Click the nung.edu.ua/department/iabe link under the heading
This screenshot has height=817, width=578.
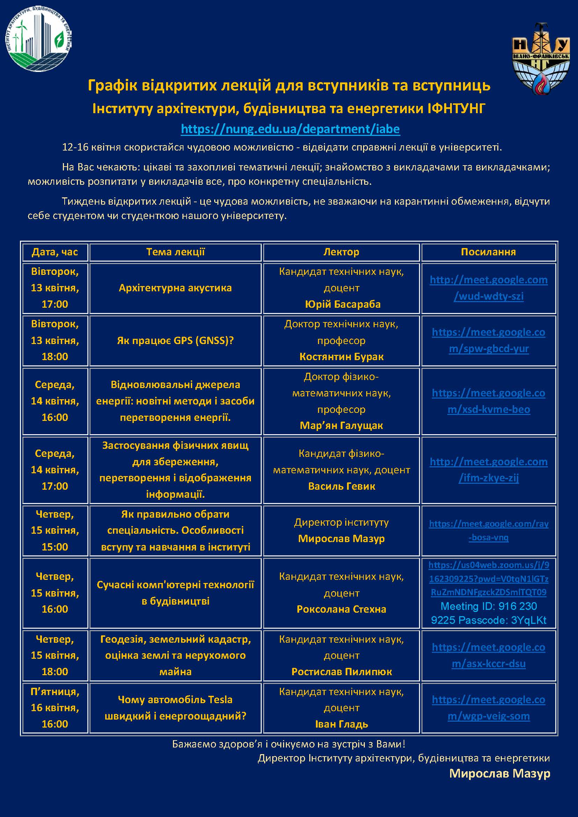[x=290, y=129]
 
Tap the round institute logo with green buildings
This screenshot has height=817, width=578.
[x=38, y=38]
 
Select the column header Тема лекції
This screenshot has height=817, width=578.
[x=175, y=252]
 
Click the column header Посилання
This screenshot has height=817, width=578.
[x=488, y=252]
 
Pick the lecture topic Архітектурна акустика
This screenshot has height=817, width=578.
[x=175, y=288]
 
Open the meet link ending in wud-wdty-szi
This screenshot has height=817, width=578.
[x=488, y=288]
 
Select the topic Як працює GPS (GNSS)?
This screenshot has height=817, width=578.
[x=175, y=341]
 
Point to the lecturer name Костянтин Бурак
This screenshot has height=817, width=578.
[x=341, y=357]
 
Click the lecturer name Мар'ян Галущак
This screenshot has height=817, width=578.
[x=341, y=425]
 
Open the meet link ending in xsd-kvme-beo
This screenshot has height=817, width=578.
[x=488, y=401]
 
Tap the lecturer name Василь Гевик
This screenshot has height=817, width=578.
[x=341, y=486]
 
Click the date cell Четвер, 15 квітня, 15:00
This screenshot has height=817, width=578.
[x=55, y=530]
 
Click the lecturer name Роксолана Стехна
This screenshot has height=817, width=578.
[x=341, y=609]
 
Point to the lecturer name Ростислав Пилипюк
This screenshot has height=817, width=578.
[x=341, y=671]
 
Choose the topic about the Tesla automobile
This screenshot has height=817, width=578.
[x=175, y=707]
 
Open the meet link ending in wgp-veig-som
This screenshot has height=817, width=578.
[x=488, y=707]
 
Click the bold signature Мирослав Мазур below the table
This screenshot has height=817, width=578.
[x=499, y=773]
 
